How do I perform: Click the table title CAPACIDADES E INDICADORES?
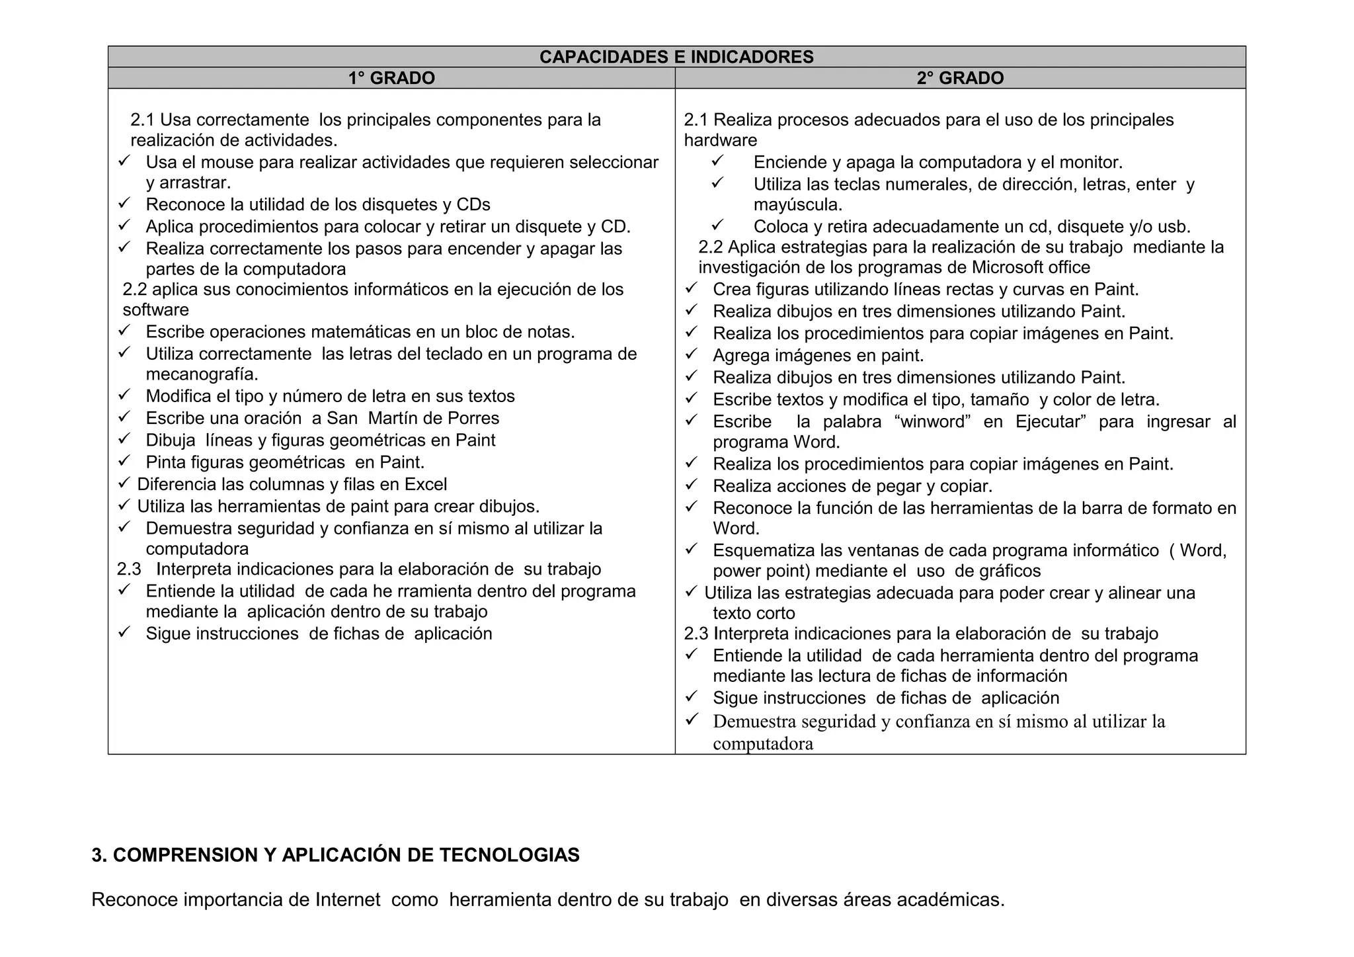click(x=676, y=57)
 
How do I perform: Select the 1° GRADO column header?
click(x=391, y=78)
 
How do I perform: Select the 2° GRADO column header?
click(x=960, y=78)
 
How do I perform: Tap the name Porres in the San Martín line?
click(x=473, y=419)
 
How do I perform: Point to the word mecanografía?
click(x=202, y=374)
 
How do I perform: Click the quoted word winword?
click(x=933, y=422)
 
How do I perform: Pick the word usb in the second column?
click(x=1174, y=227)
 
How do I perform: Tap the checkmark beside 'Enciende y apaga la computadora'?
click(x=718, y=161)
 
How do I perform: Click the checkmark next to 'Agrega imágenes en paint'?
click(x=692, y=354)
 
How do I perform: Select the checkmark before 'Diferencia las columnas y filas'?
click(x=124, y=484)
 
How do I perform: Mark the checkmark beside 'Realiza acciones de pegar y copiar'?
click(x=692, y=485)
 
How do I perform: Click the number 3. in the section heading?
click(x=99, y=856)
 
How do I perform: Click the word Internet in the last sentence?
click(x=348, y=900)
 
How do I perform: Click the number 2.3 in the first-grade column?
click(x=129, y=569)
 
